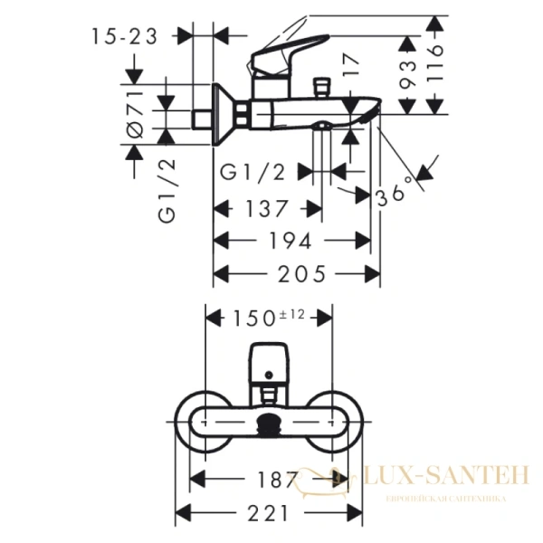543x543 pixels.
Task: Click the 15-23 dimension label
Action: (125, 36)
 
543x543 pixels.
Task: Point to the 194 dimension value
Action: (291, 241)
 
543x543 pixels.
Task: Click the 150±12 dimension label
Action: (271, 318)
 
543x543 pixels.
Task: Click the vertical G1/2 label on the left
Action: (167, 190)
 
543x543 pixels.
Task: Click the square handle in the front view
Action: (270, 362)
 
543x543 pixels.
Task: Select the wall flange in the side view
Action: (220, 116)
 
